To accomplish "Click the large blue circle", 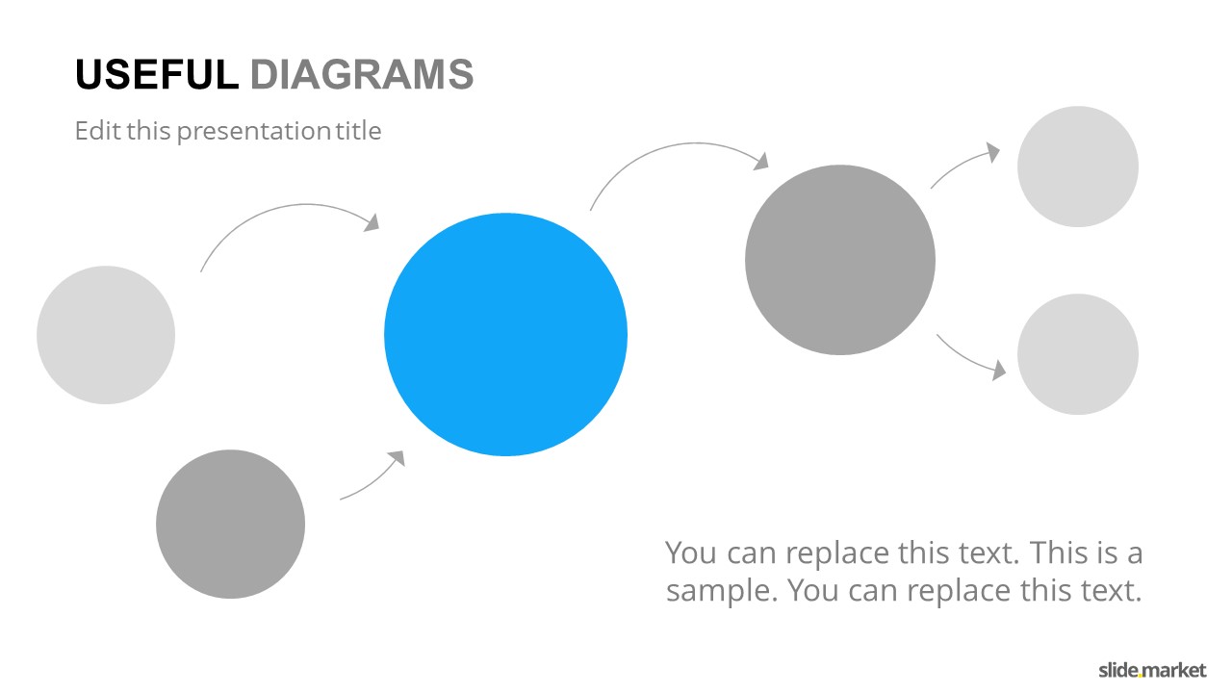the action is click(505, 334).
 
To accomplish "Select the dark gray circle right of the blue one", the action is click(840, 260).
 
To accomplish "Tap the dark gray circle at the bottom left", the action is click(230, 525).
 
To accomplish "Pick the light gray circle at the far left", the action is click(106, 335).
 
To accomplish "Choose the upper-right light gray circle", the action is click(1078, 167).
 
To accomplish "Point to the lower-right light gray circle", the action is click(1078, 354).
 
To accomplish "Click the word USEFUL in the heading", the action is click(157, 74).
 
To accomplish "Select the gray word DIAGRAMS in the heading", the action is click(362, 74).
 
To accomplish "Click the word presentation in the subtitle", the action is click(253, 132).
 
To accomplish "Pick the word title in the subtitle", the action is click(359, 131).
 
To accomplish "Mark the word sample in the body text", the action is click(722, 592).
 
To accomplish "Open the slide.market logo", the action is click(1152, 671).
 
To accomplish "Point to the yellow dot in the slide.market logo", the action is click(1142, 676).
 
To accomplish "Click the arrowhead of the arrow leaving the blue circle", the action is click(761, 161).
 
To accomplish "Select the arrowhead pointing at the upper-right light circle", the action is click(993, 152).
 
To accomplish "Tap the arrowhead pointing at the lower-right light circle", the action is click(999, 371).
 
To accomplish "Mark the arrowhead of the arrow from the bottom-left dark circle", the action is click(398, 457).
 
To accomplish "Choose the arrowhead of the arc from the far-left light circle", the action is click(372, 222).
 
